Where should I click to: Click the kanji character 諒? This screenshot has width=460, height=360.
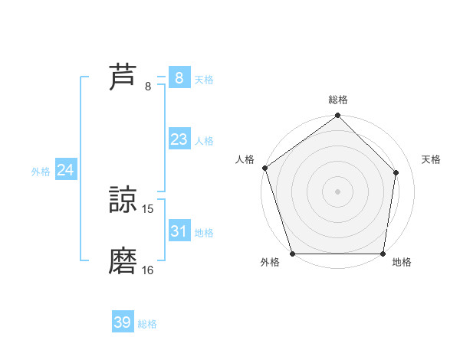(123, 199)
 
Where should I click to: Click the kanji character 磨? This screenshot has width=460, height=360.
(123, 260)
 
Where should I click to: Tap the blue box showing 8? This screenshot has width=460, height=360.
(179, 77)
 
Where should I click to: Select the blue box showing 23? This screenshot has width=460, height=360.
(179, 139)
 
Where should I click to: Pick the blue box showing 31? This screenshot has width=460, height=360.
(179, 231)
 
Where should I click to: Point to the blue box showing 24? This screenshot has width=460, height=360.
(65, 170)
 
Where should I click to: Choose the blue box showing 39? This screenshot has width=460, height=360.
(123, 322)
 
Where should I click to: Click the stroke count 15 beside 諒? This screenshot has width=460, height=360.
(148, 208)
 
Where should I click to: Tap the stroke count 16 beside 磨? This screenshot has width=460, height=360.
(148, 270)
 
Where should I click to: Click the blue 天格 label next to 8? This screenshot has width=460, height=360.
(204, 79)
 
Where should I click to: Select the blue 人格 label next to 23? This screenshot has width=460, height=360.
(204, 141)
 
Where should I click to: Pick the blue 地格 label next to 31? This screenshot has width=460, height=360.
(204, 232)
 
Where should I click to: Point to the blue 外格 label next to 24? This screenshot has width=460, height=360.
(41, 172)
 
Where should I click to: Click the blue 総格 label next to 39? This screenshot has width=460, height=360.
(147, 324)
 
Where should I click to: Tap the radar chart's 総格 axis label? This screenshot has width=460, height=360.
(337, 100)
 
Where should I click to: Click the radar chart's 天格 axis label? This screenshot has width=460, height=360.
(431, 159)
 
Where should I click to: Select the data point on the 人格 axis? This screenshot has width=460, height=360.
(264, 168)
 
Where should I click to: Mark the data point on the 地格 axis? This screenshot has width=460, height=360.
(383, 254)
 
